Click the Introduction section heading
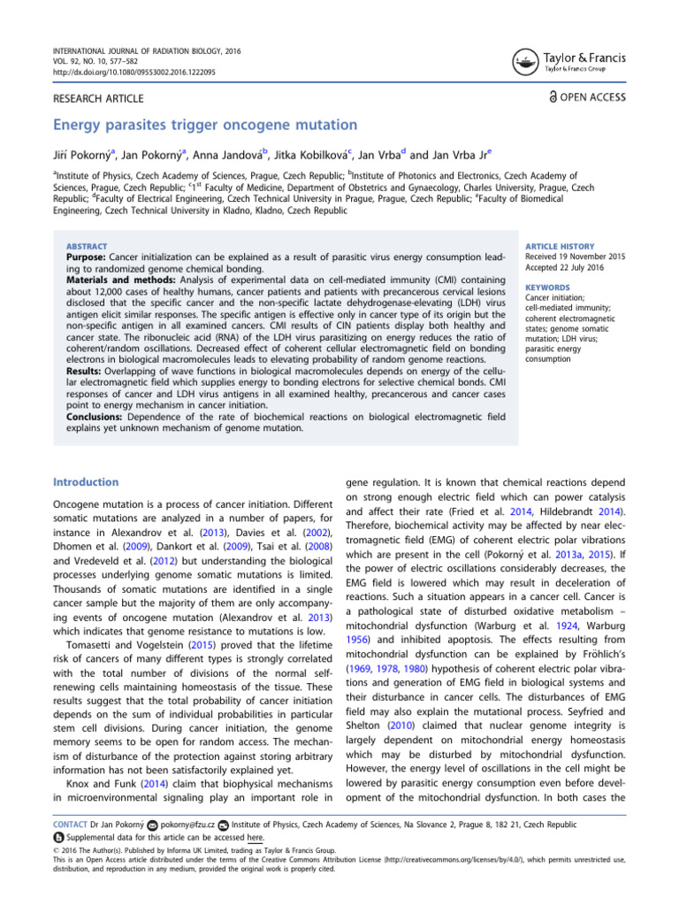[86, 482]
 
